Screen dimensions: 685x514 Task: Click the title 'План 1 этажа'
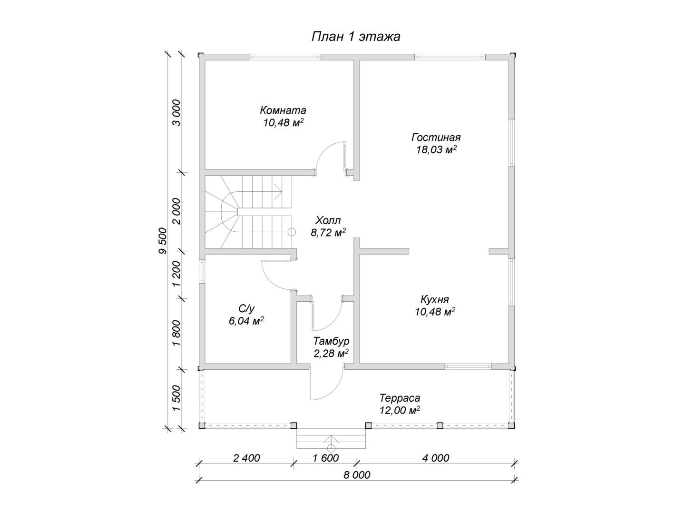click(x=355, y=37)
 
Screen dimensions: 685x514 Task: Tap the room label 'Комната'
click(x=283, y=110)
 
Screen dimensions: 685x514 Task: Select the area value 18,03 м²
click(x=436, y=150)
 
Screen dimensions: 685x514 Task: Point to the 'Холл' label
click(x=328, y=220)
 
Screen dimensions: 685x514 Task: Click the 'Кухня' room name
click(x=434, y=299)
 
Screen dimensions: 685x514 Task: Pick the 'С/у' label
click(x=246, y=308)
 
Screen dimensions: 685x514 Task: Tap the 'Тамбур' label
click(x=331, y=341)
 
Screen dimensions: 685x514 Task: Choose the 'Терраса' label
click(x=400, y=398)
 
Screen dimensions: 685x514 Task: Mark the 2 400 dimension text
click(x=247, y=458)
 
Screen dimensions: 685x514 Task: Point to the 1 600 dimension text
click(x=326, y=458)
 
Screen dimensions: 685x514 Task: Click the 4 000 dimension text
click(x=436, y=458)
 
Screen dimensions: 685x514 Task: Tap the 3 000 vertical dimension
click(x=176, y=112)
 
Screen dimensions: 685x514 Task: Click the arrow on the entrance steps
click(x=332, y=438)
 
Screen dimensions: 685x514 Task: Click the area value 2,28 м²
click(x=331, y=354)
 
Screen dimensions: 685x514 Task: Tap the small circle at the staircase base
click(x=292, y=232)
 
